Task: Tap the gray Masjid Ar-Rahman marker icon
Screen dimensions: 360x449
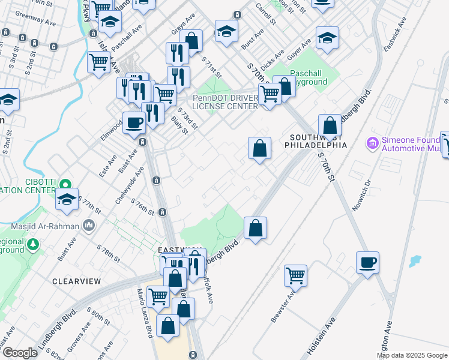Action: [89, 226]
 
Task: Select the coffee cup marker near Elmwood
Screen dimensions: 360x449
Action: [134, 123]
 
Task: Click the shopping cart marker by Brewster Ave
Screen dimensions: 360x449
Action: [295, 275]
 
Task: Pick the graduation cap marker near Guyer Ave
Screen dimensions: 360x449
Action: [327, 38]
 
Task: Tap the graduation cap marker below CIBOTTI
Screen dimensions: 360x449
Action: [67, 199]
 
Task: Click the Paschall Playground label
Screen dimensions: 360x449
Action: [309, 77]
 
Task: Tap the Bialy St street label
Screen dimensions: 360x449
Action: [178, 123]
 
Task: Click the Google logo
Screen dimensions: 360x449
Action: [20, 352]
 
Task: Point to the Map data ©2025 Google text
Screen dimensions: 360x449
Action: [411, 355]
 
